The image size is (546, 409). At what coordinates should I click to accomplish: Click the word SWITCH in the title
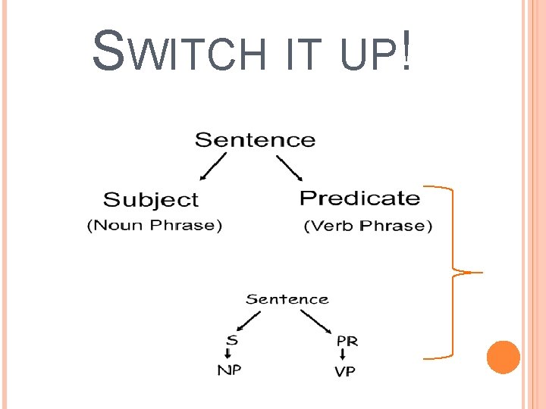[x=177, y=54]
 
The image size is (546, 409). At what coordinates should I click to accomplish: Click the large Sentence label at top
[x=255, y=140]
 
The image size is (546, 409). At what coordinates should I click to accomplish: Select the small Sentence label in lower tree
[x=287, y=299]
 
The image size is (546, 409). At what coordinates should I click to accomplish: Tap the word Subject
[x=150, y=200]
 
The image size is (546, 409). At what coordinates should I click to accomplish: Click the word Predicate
[x=359, y=198]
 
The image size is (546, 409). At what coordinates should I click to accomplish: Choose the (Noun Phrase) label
[x=155, y=226]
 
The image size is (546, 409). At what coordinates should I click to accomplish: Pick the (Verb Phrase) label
[x=368, y=226]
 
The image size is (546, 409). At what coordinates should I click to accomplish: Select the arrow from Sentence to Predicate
[x=289, y=167]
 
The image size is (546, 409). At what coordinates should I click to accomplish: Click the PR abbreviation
[x=347, y=341]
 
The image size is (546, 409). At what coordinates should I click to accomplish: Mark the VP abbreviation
[x=344, y=372]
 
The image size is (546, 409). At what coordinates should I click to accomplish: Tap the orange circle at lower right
[x=503, y=357]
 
